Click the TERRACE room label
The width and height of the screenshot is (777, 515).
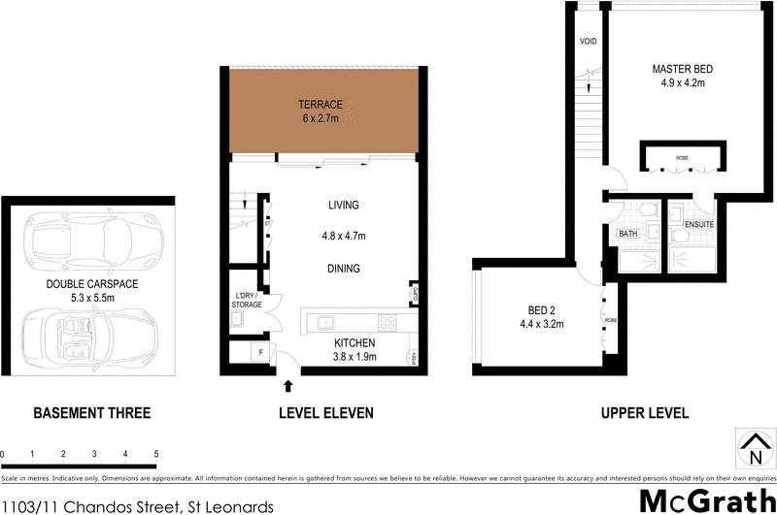tap(320, 104)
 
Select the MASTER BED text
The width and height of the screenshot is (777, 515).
tap(682, 69)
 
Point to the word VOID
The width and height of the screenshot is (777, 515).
tap(588, 43)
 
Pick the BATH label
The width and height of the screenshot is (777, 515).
tap(627, 234)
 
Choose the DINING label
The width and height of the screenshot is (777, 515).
tap(344, 269)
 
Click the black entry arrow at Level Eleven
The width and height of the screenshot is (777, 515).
tap(287, 387)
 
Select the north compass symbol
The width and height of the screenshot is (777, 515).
tap(754, 449)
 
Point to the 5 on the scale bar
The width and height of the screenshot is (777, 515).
tap(156, 454)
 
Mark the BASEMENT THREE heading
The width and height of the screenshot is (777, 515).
tap(92, 413)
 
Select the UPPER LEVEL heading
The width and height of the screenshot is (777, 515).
tap(645, 413)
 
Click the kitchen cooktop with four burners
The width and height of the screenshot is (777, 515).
tap(387, 323)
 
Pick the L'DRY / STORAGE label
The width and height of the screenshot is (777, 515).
tap(245, 300)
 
